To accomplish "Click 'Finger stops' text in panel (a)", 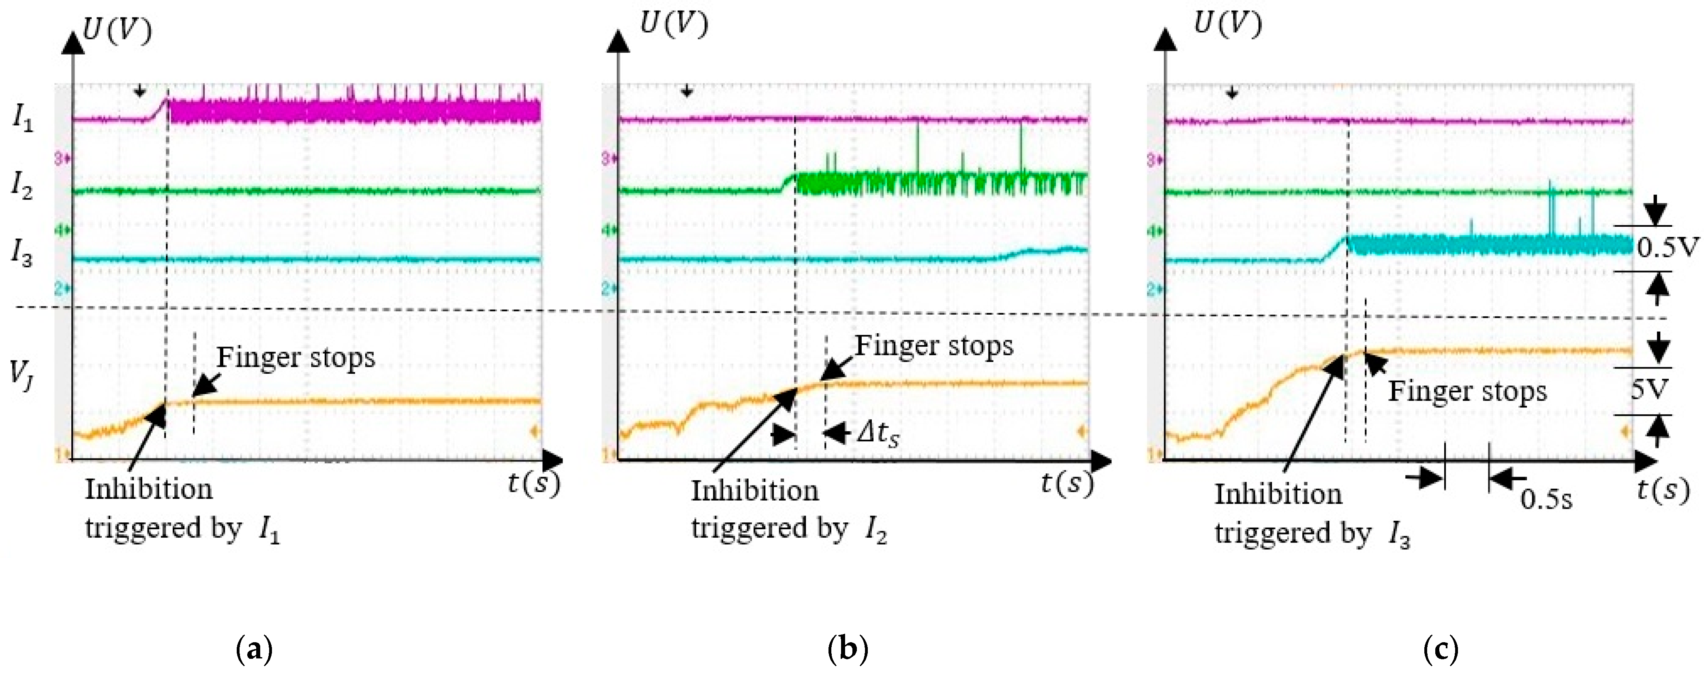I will point(295,358).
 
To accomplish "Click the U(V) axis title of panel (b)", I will point(673,24).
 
